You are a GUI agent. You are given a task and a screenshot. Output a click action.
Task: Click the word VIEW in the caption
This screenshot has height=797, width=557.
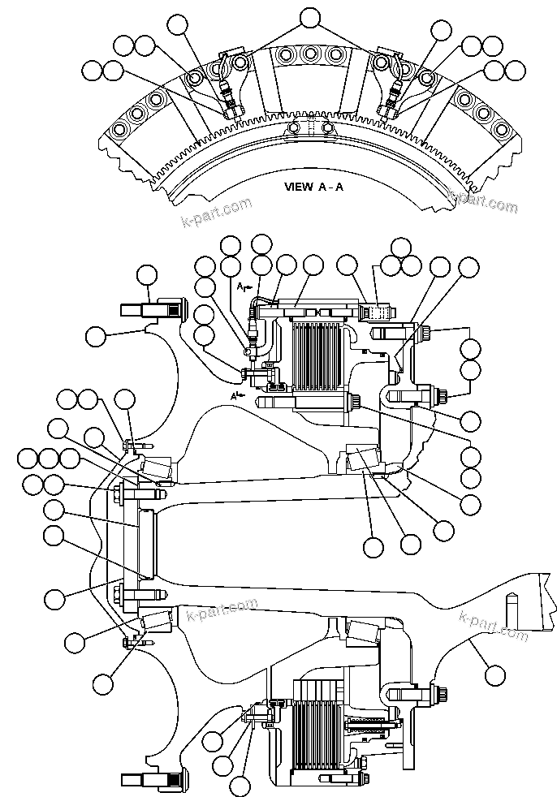(x=298, y=186)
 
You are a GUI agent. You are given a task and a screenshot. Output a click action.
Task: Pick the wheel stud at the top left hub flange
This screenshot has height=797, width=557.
(x=150, y=309)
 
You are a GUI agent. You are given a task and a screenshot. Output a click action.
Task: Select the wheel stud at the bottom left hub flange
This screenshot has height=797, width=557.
(x=150, y=781)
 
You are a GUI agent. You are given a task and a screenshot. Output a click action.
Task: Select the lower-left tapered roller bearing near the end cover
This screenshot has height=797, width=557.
(x=156, y=623)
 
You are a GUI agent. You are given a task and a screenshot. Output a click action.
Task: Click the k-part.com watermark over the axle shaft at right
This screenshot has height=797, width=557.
(x=494, y=626)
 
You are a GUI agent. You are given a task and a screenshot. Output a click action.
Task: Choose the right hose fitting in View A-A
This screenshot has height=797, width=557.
(x=391, y=102)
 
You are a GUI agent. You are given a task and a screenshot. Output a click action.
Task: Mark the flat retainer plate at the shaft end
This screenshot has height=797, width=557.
(x=146, y=542)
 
